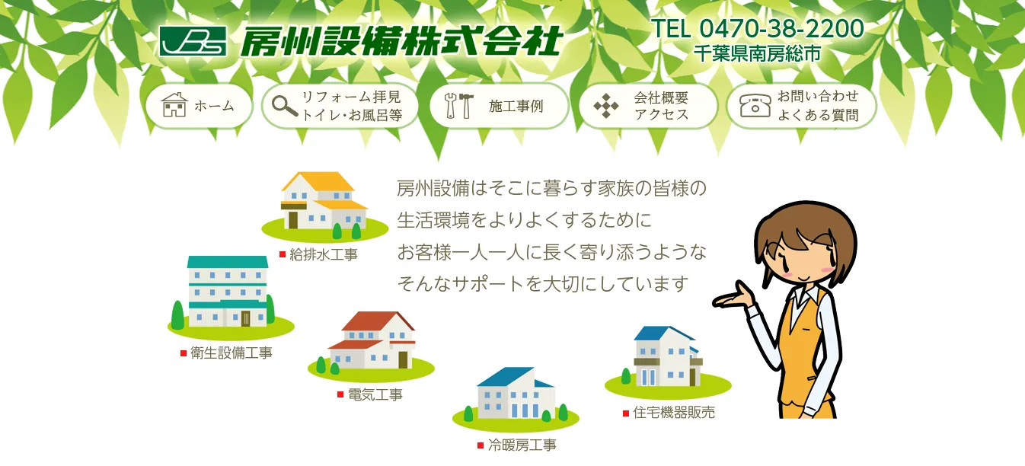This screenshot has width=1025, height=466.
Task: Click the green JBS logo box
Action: [x=193, y=41]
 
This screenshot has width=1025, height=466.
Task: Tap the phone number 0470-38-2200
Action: [x=781, y=28]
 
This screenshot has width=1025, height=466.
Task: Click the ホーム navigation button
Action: [x=199, y=106]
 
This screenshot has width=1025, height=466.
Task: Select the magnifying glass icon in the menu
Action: [x=285, y=107]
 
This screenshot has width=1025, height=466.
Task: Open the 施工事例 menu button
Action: [x=500, y=106]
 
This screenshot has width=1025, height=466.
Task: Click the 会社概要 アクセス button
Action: [x=648, y=106]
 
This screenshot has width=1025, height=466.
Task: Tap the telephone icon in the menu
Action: [x=755, y=106]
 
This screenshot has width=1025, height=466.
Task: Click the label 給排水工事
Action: [x=324, y=254]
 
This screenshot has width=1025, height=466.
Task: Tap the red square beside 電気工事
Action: [x=340, y=394]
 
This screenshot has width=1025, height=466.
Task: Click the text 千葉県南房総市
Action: [x=757, y=53]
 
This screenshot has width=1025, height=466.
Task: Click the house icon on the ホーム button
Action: [x=174, y=105]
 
